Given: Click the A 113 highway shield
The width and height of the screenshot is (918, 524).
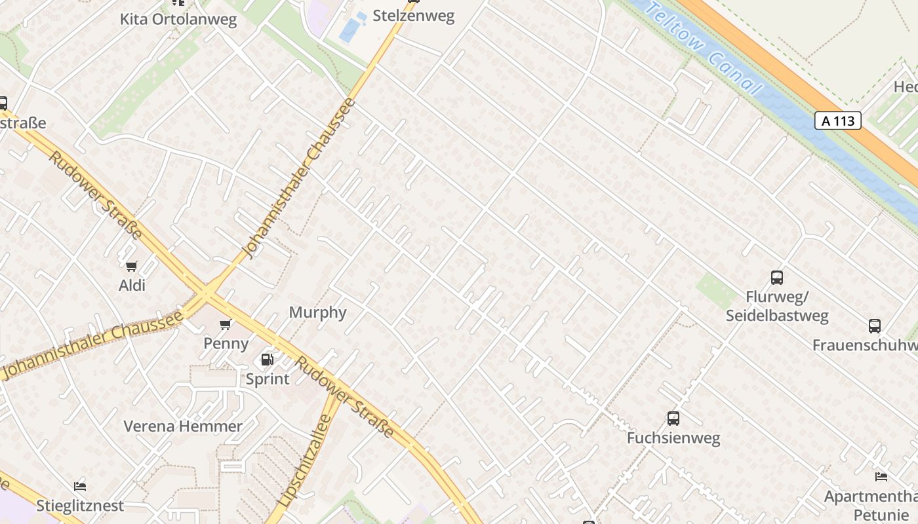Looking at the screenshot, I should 837,121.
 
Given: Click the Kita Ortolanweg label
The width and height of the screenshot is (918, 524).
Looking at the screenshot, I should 178,19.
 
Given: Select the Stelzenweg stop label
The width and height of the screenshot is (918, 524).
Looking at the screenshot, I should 413,16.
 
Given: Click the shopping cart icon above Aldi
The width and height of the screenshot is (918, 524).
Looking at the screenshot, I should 131,266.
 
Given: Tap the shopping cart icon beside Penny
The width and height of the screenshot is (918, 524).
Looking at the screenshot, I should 226,324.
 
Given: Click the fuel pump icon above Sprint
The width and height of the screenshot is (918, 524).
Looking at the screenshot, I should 267,359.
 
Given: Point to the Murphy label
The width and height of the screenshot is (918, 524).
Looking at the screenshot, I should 317,312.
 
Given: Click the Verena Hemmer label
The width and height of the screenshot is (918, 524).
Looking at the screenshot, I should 183,426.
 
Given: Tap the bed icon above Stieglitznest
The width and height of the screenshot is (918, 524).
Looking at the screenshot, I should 80,487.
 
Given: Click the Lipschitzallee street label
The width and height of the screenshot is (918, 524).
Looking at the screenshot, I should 306,460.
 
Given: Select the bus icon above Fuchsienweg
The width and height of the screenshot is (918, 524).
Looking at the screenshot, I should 673,419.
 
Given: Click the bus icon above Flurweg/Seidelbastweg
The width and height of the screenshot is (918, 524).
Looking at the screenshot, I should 777,278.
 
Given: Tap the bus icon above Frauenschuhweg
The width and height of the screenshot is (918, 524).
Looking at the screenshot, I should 875,326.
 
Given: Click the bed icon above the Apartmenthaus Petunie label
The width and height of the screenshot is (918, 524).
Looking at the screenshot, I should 881,477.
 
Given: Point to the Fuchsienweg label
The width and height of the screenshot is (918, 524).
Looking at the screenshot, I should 673,438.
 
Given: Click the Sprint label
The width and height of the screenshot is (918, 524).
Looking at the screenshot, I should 268,379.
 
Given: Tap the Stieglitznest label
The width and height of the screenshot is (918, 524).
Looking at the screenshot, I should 80,506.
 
